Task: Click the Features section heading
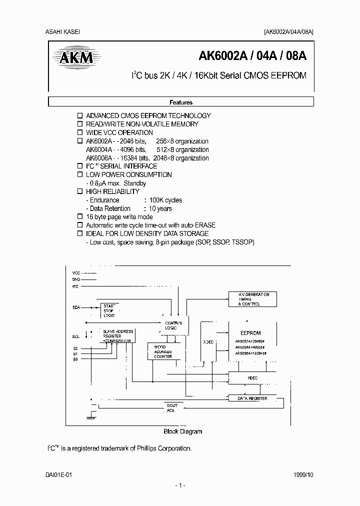tap(181, 102)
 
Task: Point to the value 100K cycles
tap(162, 200)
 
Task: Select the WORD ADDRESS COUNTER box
tap(162, 351)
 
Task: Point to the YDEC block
tap(252, 378)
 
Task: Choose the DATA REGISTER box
tap(252, 398)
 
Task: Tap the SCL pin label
tap(76, 336)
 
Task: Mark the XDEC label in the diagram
tap(208, 342)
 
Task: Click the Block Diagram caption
tap(183, 431)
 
